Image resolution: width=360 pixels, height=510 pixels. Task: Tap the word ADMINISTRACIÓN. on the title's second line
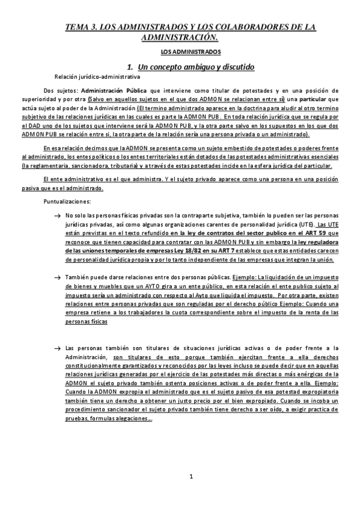[180, 37]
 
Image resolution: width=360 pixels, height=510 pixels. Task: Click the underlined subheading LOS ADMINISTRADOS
[180, 54]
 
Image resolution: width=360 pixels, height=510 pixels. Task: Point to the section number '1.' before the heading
[130, 66]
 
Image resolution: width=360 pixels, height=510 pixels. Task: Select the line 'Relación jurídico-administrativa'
[97, 77]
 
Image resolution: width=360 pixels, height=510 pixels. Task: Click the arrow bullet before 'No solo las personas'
[56, 215]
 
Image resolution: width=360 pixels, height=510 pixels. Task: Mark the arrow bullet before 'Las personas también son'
[56, 348]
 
